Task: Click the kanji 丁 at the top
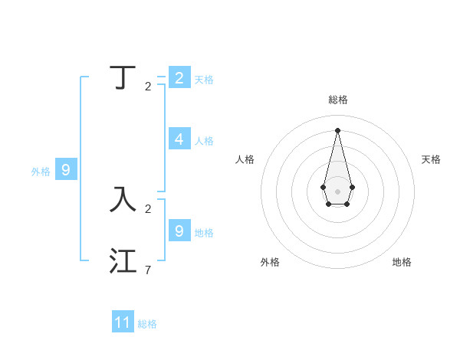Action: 123,77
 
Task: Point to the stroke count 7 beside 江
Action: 148,270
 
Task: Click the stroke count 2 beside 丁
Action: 148,87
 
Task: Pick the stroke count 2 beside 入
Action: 148,208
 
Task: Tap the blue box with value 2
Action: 179,77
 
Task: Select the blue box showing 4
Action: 179,139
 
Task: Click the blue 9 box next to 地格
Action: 179,230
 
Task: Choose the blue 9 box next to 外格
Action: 66,170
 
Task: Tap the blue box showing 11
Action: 123,322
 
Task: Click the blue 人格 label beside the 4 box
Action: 204,141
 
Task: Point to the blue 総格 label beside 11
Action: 147,324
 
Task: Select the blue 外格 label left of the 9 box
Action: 41,172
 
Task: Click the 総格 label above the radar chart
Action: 338,100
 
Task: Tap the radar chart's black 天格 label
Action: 431,159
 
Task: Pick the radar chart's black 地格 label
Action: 402,262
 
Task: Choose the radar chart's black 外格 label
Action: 270,262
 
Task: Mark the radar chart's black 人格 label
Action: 245,159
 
